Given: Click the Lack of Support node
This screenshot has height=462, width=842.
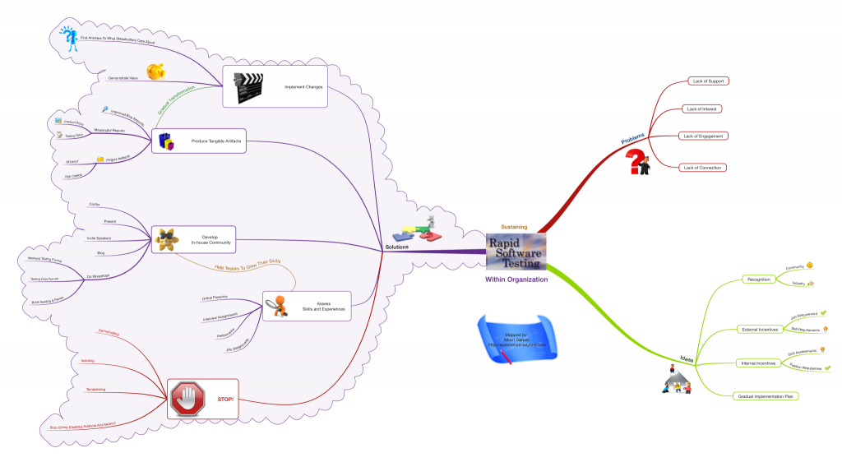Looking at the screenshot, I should (708, 81).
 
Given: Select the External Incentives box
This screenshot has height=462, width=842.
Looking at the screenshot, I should (758, 330).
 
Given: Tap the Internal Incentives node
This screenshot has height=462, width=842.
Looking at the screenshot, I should (757, 363).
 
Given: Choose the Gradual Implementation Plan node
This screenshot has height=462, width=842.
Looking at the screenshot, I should (766, 395).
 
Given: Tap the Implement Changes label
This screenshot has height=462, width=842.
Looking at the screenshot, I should (303, 86).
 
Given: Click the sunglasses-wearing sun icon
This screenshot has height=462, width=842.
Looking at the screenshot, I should (167, 240).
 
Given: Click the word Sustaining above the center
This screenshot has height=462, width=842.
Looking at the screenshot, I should (514, 226).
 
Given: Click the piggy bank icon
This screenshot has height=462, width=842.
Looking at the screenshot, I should (155, 73).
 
